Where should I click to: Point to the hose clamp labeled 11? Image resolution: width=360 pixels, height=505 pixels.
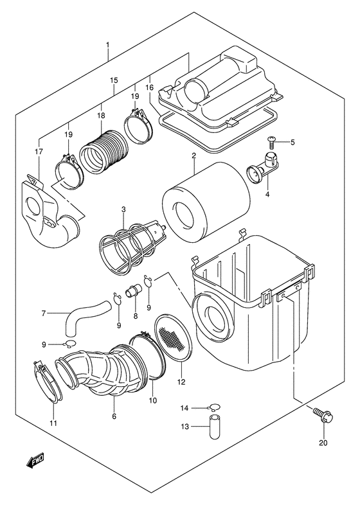45,384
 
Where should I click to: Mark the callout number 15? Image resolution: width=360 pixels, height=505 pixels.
113,80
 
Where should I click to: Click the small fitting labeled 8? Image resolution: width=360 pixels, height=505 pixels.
134,292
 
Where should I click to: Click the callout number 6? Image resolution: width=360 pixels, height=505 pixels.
114,417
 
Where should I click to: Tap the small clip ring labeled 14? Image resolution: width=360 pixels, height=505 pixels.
214,407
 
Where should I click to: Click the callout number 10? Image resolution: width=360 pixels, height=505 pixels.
153,400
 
